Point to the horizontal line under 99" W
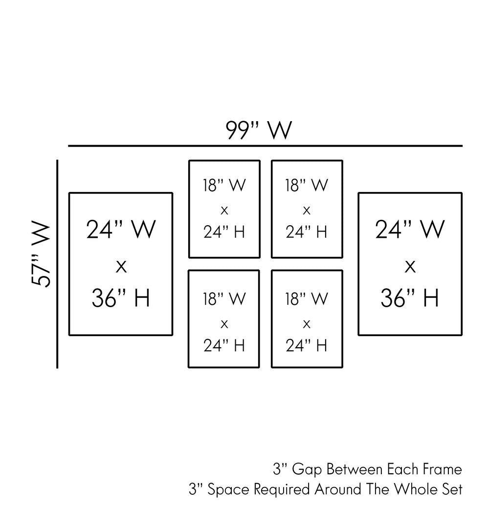click(x=265, y=146)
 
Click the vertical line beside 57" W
click(x=58, y=264)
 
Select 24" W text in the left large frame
click(x=121, y=230)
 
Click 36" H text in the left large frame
click(x=121, y=298)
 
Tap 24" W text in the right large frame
click(x=410, y=230)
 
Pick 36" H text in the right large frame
click(x=410, y=298)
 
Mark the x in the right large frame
click(x=410, y=267)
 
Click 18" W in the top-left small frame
click(x=224, y=186)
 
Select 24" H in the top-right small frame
click(x=307, y=232)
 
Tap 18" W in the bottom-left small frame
click(x=224, y=299)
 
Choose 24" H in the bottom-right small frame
click(x=307, y=345)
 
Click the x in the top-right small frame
click(x=307, y=211)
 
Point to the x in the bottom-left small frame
click(x=224, y=324)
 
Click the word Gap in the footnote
click(x=308, y=470)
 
